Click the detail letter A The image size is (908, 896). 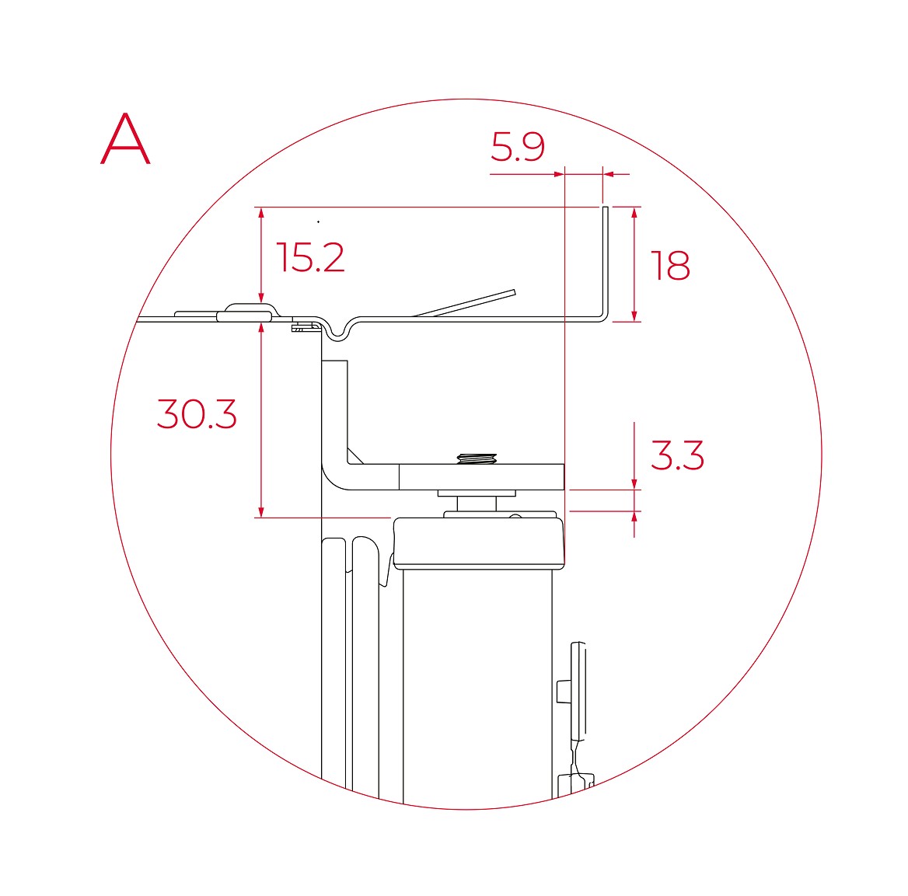pos(125,139)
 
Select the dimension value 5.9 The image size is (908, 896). pos(518,147)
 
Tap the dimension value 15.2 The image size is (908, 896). pos(310,257)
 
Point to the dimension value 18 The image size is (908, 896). pos(671,266)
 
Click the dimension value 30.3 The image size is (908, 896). pos(197,414)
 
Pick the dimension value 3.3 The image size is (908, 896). pos(677,455)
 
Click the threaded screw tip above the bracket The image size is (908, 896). pos(477,459)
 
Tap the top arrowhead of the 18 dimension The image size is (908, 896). pos(634,212)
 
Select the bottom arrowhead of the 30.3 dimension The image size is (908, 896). pos(261,511)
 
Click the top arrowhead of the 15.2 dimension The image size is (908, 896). pos(261,212)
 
